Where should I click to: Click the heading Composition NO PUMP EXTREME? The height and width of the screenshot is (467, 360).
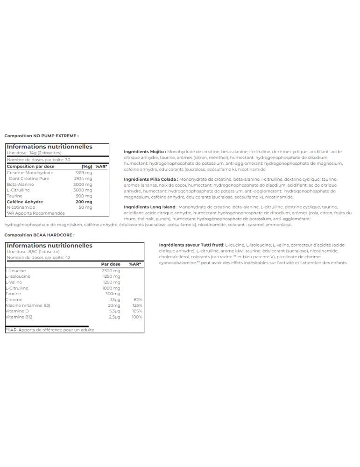pyautogui.click(x=42, y=136)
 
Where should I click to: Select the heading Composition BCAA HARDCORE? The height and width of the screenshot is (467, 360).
pyautogui.click(x=39, y=235)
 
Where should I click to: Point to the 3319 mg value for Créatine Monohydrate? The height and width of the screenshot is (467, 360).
pyautogui.click(x=84, y=172)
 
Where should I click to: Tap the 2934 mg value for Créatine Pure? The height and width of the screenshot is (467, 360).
pyautogui.click(x=84, y=178)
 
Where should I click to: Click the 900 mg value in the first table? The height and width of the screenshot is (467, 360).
pyautogui.click(x=85, y=196)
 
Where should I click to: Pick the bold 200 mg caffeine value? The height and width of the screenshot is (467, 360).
pyautogui.click(x=85, y=202)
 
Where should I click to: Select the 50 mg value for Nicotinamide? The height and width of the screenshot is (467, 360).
pyautogui.click(x=86, y=207)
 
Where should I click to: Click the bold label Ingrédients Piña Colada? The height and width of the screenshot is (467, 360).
pyautogui.click(x=151, y=179)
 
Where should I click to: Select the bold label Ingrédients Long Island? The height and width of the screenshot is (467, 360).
pyautogui.click(x=149, y=207)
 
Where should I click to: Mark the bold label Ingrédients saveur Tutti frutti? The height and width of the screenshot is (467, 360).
pyautogui.click(x=191, y=245)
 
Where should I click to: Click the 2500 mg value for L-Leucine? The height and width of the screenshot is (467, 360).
pyautogui.click(x=111, y=271)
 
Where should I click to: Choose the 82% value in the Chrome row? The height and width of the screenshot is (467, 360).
pyautogui.click(x=137, y=299)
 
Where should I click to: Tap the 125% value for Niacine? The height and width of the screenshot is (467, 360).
pyautogui.click(x=137, y=305)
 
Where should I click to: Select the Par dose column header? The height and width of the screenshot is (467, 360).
pyautogui.click(x=111, y=264)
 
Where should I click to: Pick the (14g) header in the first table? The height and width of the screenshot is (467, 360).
pyautogui.click(x=87, y=166)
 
